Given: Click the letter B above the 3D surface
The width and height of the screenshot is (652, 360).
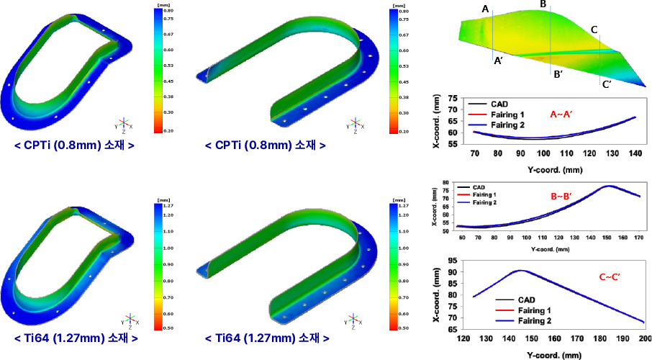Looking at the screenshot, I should (543, 5).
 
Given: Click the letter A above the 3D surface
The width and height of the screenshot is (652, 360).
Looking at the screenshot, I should (485, 9).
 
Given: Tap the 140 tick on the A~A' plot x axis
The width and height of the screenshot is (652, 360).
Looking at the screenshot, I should (635, 153).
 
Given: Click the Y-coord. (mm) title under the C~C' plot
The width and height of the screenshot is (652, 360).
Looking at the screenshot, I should (554, 354).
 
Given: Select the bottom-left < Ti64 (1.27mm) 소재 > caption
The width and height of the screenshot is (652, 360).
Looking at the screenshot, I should (76, 338).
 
